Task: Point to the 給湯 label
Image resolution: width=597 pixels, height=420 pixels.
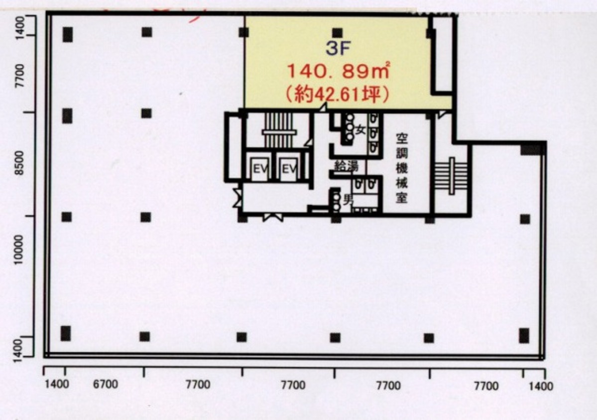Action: point(346,166)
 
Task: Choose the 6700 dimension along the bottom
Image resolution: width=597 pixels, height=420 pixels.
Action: point(105,384)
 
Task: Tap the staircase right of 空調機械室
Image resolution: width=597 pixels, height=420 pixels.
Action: point(451,175)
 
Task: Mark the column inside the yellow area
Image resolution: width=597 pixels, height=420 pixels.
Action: point(338,33)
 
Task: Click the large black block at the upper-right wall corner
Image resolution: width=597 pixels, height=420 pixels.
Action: point(532,148)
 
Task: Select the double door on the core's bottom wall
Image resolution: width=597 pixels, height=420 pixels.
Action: point(273,216)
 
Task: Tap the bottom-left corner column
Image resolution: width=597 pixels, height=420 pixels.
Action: point(66,334)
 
